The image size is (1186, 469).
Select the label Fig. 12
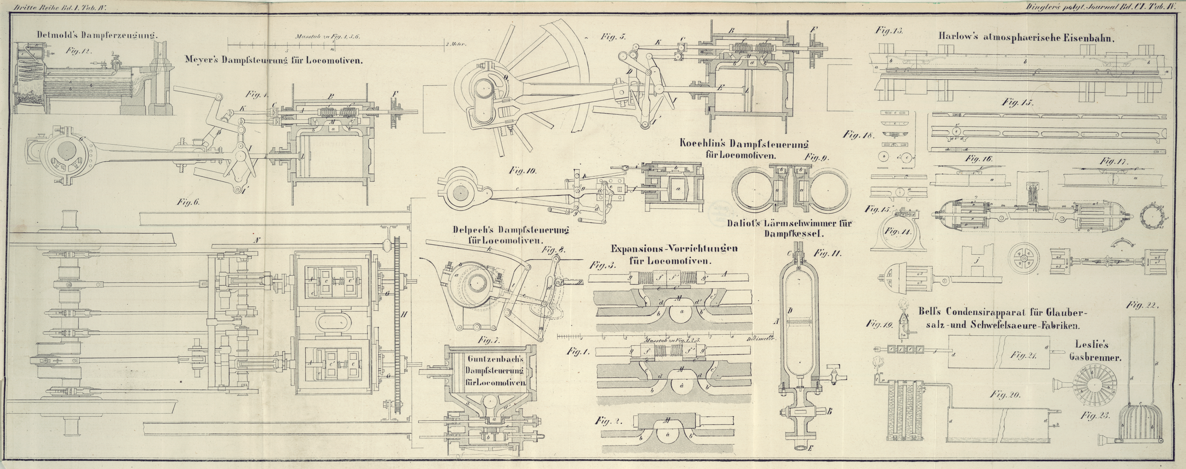point(79,52)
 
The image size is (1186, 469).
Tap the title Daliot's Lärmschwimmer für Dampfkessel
point(790,228)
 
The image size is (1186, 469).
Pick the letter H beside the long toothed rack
point(404,315)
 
